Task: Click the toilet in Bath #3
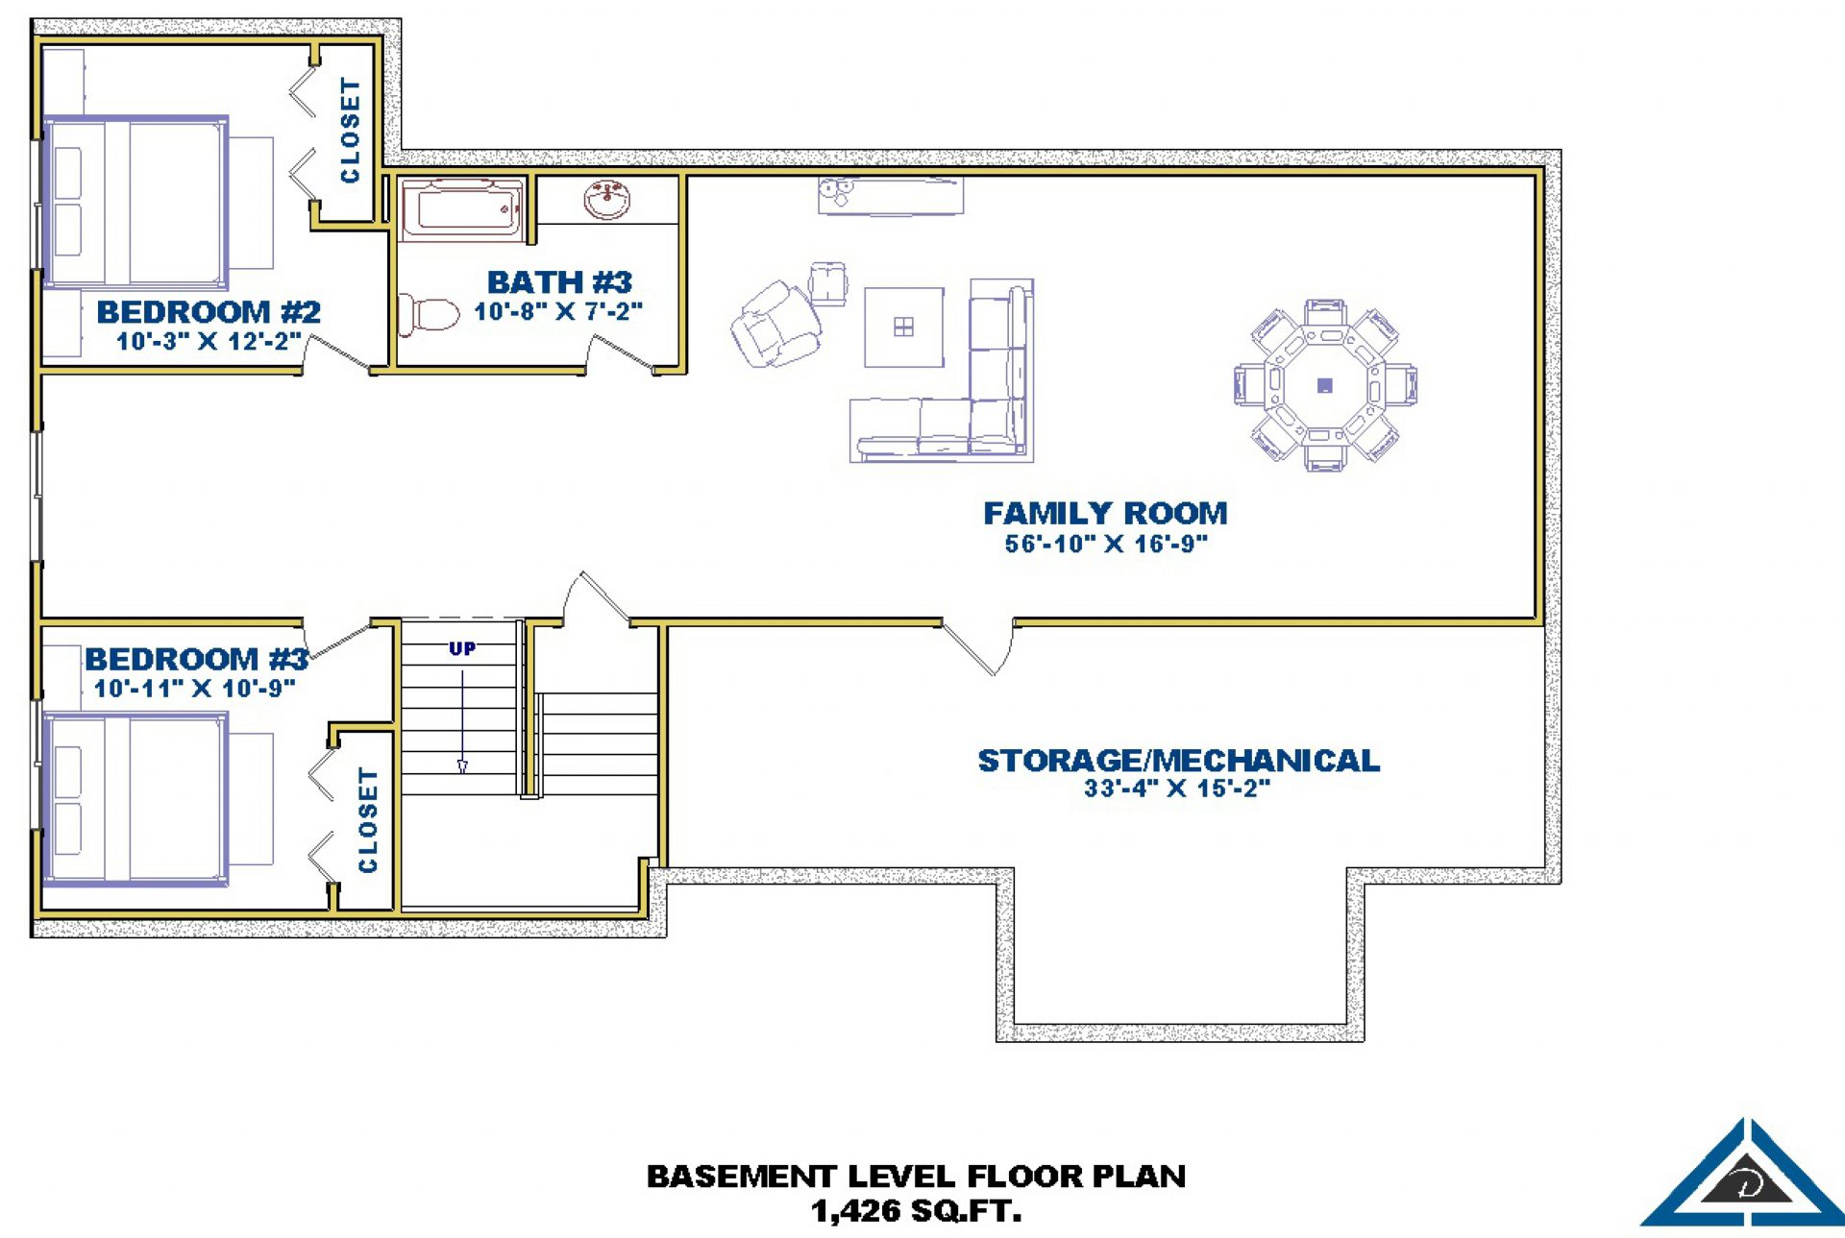(429, 315)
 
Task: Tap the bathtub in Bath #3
(461, 208)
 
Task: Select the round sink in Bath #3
(607, 200)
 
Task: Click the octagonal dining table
(1325, 385)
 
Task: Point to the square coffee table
(903, 328)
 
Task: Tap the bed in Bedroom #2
(159, 204)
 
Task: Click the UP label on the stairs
(462, 649)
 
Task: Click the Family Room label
(1105, 513)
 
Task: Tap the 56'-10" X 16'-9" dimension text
(1106, 544)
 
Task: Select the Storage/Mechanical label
(1178, 761)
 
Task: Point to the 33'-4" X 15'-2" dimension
(1177, 789)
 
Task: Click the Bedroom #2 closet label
(351, 131)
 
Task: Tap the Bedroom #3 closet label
(368, 820)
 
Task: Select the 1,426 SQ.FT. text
(917, 1210)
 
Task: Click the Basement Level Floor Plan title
(916, 1177)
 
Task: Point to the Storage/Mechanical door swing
(978, 647)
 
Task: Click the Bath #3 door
(622, 353)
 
